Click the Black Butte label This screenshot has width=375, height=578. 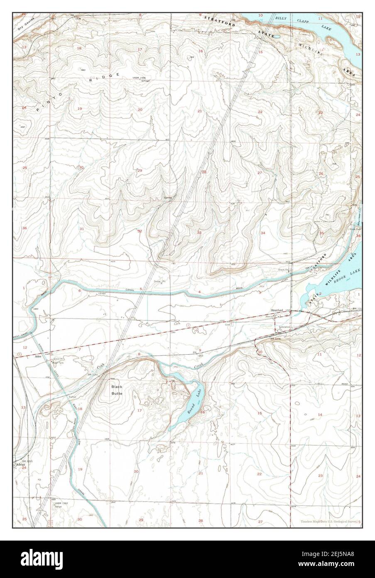coord(117,390)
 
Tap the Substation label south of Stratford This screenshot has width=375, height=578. coord(284,327)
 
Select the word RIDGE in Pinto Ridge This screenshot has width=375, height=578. coord(103,78)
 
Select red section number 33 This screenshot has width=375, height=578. coord(199,232)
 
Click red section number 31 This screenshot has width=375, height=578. coord(82,229)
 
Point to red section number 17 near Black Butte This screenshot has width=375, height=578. coord(140,410)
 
